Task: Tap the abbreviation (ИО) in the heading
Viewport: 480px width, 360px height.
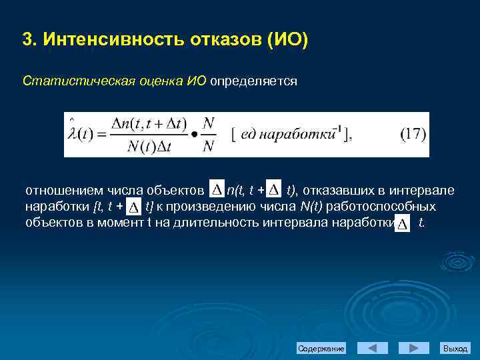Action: (x=287, y=40)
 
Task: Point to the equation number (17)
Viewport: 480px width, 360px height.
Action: (x=413, y=134)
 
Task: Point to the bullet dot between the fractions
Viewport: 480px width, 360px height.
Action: (x=194, y=135)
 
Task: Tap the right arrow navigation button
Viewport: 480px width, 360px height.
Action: (x=413, y=349)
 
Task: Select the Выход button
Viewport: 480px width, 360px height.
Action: (x=455, y=349)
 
